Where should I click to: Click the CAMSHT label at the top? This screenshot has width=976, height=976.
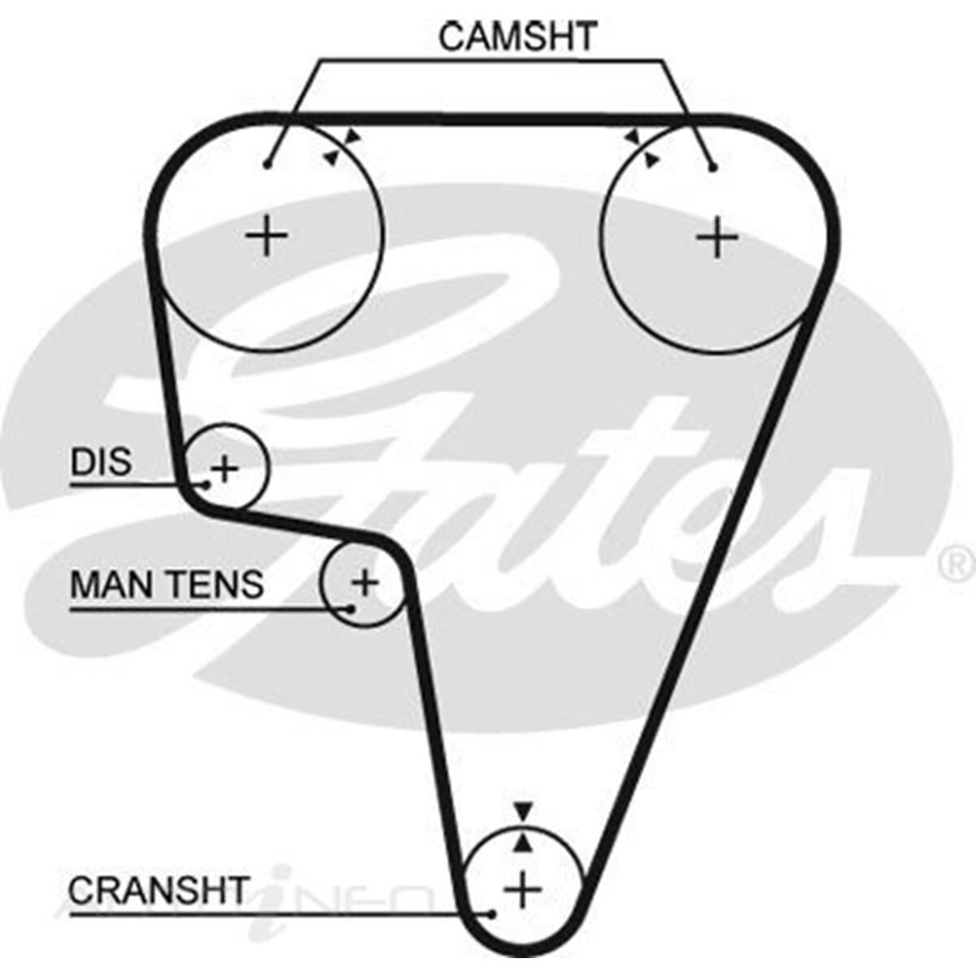pyautogui.click(x=518, y=37)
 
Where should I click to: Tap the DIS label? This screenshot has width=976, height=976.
pyautogui.click(x=101, y=463)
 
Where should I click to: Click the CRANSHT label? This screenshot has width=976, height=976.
pyautogui.click(x=158, y=891)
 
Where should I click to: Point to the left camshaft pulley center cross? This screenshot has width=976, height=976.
pyautogui.click(x=267, y=237)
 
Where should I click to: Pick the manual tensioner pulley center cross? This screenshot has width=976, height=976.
pyautogui.click(x=365, y=582)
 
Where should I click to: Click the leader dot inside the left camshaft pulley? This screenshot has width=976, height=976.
pyautogui.click(x=267, y=165)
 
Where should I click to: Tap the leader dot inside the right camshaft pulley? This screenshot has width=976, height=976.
pyautogui.click(x=713, y=168)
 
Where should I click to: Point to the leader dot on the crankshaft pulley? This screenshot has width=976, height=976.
pyautogui.click(x=491, y=914)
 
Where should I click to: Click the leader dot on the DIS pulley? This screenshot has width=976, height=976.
pyautogui.click(x=207, y=485)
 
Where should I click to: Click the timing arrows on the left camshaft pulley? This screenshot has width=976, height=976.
pyautogui.click(x=341, y=147)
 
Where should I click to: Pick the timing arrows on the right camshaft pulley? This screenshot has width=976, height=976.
pyautogui.click(x=641, y=148)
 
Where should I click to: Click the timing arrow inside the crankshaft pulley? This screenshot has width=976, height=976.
pyautogui.click(x=524, y=843)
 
